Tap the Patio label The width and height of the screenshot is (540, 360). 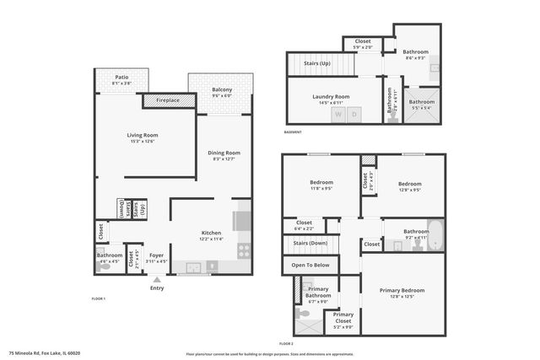[121, 78]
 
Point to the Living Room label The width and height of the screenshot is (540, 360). [143, 135]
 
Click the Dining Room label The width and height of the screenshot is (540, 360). [224, 153]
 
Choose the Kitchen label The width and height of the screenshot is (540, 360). [211, 233]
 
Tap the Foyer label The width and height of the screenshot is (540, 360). [156, 255]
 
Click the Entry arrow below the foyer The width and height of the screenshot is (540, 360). [157, 280]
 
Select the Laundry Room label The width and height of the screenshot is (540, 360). [331, 96]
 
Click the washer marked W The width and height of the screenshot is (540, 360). [337, 114]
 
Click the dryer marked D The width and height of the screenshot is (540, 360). [355, 114]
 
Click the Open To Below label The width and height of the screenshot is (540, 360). [310, 265]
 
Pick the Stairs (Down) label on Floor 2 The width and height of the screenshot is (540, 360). [310, 243]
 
